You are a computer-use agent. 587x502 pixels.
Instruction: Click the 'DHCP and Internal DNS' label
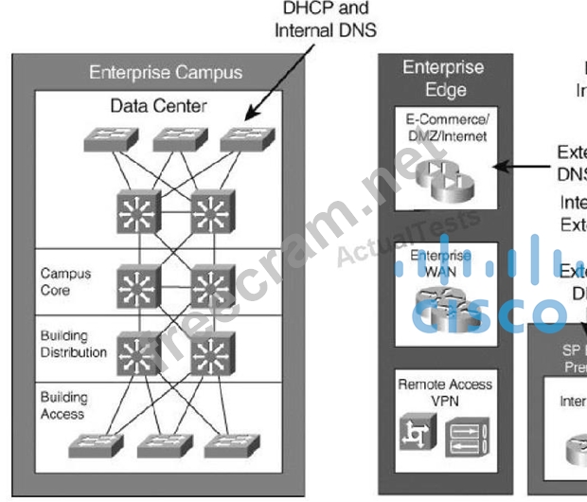coord(325,19)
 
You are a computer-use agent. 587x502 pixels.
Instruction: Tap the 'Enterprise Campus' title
coord(166,72)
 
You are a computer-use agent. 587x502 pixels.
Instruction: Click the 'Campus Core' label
coord(66,281)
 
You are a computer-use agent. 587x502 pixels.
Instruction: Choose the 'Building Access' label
coord(63,405)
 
